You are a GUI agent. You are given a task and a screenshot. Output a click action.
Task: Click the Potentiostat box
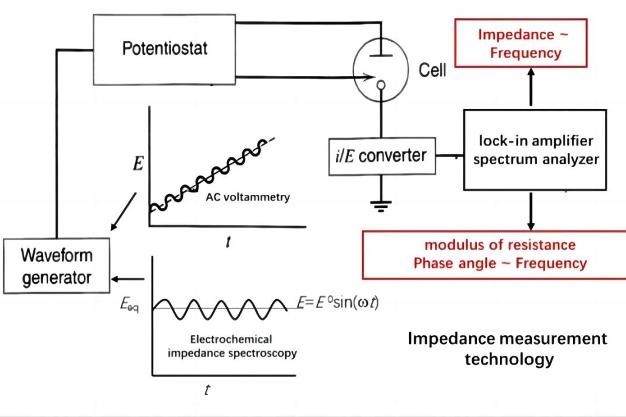(x=164, y=48)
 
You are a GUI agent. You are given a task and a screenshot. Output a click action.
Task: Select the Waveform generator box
(x=57, y=266)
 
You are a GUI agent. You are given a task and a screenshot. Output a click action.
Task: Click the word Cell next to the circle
(x=432, y=71)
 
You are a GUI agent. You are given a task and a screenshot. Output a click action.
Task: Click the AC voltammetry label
(x=248, y=197)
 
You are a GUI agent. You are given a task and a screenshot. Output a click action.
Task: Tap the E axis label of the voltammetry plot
(x=138, y=163)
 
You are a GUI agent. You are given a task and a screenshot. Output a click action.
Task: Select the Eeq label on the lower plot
(x=130, y=306)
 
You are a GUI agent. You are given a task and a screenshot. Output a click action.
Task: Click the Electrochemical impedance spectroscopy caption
(x=232, y=346)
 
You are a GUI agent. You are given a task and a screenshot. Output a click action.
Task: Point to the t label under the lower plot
(x=207, y=390)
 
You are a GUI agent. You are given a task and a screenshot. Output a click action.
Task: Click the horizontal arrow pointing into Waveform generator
(x=129, y=279)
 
